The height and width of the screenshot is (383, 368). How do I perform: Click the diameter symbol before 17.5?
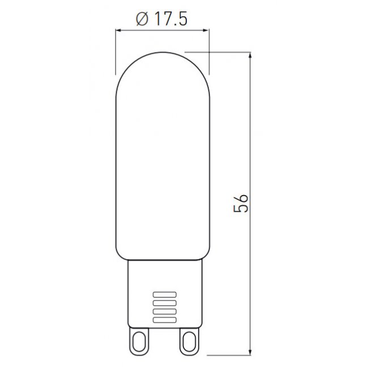click(x=142, y=19)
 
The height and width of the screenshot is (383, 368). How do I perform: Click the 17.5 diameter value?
click(x=170, y=19)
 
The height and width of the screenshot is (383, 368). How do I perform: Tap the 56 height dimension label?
click(x=241, y=203)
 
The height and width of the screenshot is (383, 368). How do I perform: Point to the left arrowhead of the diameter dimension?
click(x=119, y=31)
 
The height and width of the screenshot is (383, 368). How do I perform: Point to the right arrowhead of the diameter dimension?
click(x=206, y=31)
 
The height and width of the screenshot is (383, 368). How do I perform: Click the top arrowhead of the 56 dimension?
click(x=250, y=56)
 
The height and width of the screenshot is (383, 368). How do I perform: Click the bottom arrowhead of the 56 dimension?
click(x=250, y=352)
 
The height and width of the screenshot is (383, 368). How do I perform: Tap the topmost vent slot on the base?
click(x=165, y=295)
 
